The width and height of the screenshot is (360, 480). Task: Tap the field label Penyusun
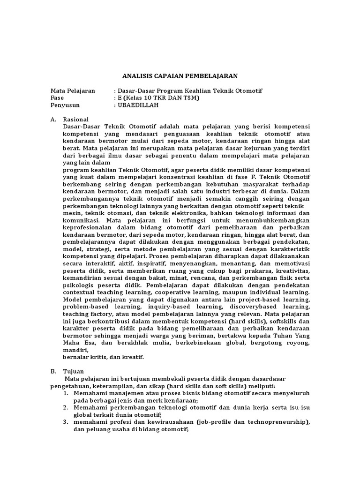(x=65, y=105)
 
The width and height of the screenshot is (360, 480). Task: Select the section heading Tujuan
(x=74, y=371)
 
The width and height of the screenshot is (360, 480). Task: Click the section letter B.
(x=53, y=371)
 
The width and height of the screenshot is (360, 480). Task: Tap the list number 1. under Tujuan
(x=66, y=393)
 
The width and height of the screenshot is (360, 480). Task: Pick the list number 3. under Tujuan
(x=66, y=422)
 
